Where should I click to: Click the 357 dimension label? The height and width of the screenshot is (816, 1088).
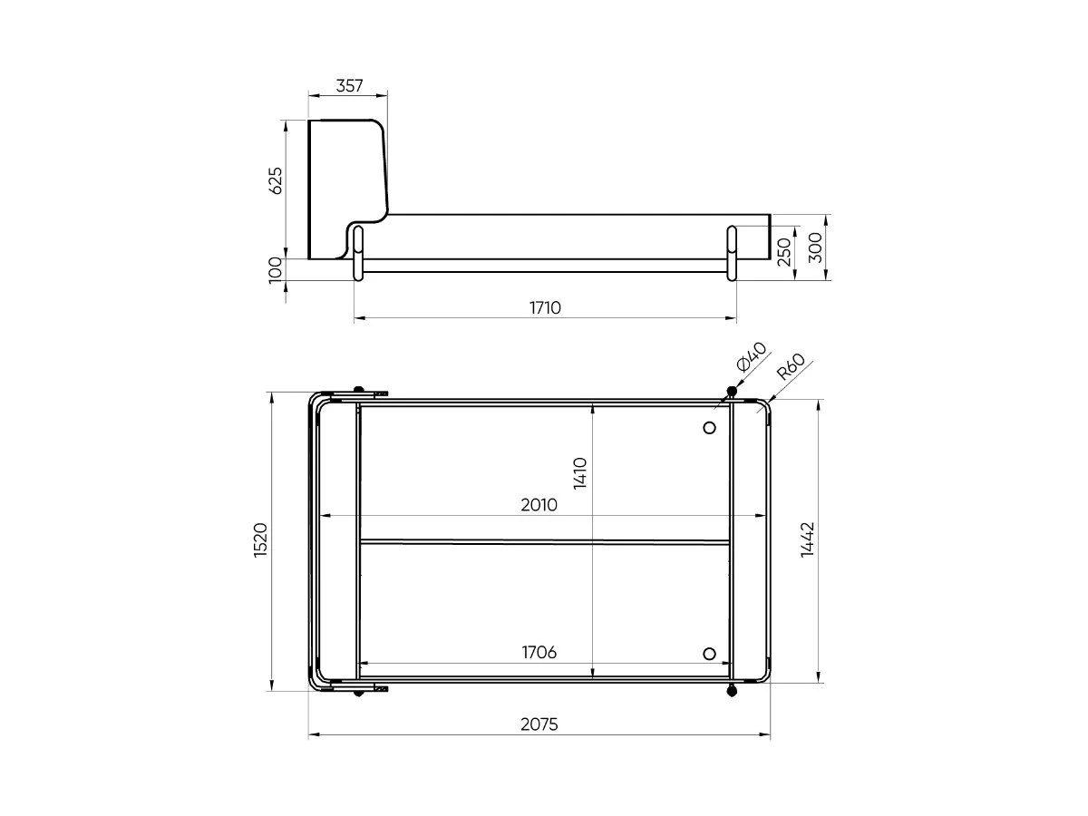[349, 86]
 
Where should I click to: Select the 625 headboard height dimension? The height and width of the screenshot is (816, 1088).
[275, 180]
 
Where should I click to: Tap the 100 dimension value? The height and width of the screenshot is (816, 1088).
[275, 270]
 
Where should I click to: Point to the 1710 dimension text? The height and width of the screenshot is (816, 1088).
[545, 307]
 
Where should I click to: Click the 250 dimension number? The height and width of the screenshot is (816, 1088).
[783, 252]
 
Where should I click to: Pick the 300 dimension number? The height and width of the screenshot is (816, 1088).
[815, 248]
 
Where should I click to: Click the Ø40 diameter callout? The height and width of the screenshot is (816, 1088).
[752, 356]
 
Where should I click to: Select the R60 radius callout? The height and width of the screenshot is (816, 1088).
[791, 365]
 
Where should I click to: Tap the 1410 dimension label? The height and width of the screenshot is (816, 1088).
[580, 473]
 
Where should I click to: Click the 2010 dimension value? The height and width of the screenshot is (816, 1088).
[539, 505]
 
